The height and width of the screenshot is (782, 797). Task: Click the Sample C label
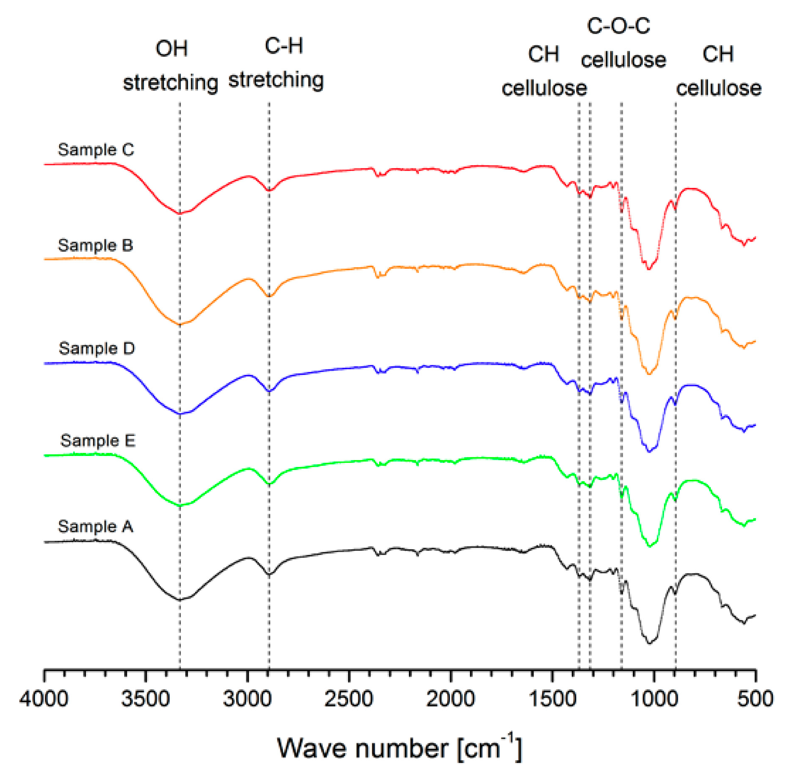click(96, 149)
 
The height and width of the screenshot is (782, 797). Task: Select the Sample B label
click(95, 245)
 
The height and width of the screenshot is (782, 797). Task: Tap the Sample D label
click(96, 348)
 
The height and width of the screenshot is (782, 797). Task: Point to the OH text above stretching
click(171, 48)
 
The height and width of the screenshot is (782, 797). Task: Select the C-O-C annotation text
click(618, 26)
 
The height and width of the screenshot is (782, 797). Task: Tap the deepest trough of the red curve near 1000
click(648, 268)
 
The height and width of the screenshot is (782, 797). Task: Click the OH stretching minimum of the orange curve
click(180, 324)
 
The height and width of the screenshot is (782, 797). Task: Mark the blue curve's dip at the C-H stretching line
click(269, 391)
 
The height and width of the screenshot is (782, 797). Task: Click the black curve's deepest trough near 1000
click(648, 643)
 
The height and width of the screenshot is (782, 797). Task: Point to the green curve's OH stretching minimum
click(180, 505)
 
